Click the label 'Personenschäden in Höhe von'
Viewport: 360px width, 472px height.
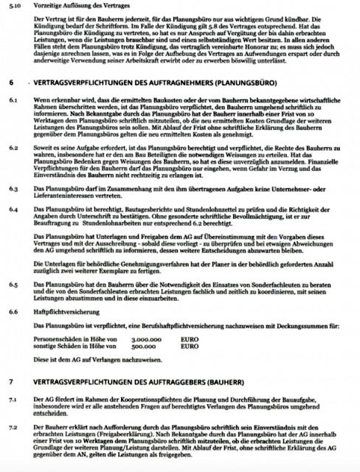pos(72,339)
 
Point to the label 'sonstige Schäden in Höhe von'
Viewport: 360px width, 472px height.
pos(72,345)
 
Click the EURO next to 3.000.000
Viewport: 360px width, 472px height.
pos(190,339)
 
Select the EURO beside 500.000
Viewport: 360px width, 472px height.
pos(190,345)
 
